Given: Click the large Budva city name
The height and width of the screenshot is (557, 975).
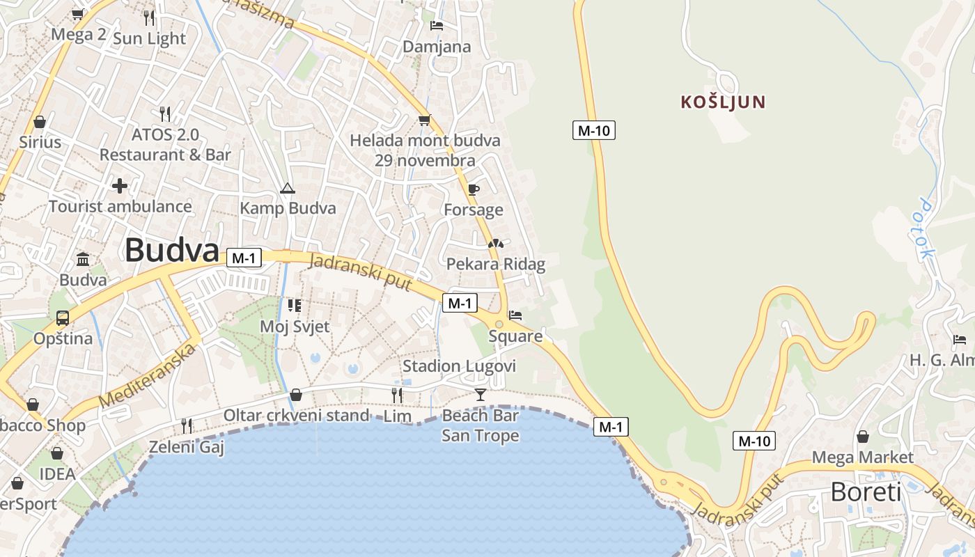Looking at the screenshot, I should pos(172,251).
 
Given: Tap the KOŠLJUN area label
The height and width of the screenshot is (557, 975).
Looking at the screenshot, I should pos(723,102).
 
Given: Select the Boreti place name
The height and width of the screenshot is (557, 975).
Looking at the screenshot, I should pos(866,492).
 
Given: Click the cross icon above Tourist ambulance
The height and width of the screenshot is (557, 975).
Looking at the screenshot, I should pos(120,186).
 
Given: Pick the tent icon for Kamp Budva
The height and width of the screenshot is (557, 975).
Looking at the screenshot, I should pos(287,188).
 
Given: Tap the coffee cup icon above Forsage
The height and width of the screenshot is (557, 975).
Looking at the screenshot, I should pos(474,189).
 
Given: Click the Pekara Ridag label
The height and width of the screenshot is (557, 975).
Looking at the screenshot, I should pos(495,264).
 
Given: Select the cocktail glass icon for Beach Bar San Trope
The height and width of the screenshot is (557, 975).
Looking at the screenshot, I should pos(480,395).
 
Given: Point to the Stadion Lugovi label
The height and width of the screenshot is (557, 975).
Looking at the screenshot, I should pos(459,366).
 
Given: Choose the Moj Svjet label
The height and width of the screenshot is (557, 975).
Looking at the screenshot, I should pos(295,326).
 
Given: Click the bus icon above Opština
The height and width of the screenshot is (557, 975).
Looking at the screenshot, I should pos(63,318).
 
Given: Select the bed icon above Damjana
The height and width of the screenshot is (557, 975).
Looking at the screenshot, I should pos(437,26).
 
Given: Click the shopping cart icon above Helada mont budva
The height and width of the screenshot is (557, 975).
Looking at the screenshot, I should pos(424,120).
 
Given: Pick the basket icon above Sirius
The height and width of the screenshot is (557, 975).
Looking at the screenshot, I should pos(40,122).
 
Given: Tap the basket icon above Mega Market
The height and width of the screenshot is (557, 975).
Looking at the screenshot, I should pos(862,437).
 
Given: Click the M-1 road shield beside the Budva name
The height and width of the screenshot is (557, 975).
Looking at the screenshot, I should pos(244,258).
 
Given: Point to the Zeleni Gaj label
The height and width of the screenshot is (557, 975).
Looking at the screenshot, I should pos(187,447).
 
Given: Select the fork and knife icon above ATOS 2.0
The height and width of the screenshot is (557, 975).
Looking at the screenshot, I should pos(165,113).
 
